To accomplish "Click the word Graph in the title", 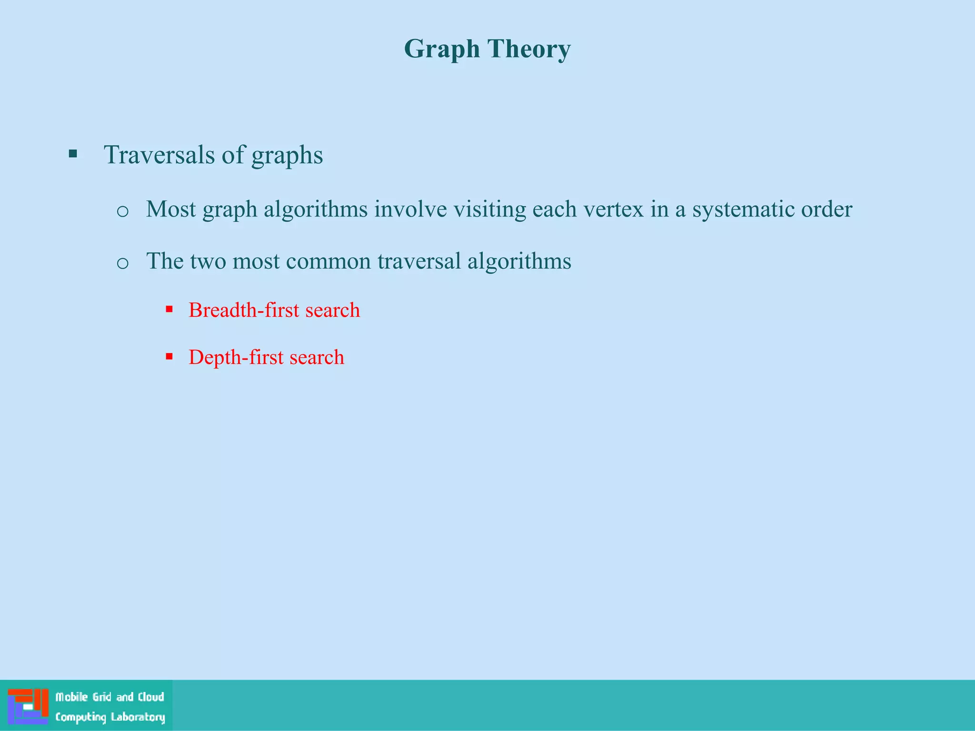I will (x=442, y=49).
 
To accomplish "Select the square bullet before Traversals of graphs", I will (x=73, y=153).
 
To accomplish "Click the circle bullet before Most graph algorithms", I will (x=122, y=211).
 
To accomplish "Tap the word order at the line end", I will (x=826, y=209).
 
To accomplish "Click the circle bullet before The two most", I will (x=122, y=263).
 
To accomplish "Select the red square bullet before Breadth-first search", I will (x=169, y=309).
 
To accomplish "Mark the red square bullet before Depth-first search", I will (x=169, y=356).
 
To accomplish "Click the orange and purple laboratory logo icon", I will (x=28, y=706).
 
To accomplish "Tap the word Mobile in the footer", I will (x=71, y=697).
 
